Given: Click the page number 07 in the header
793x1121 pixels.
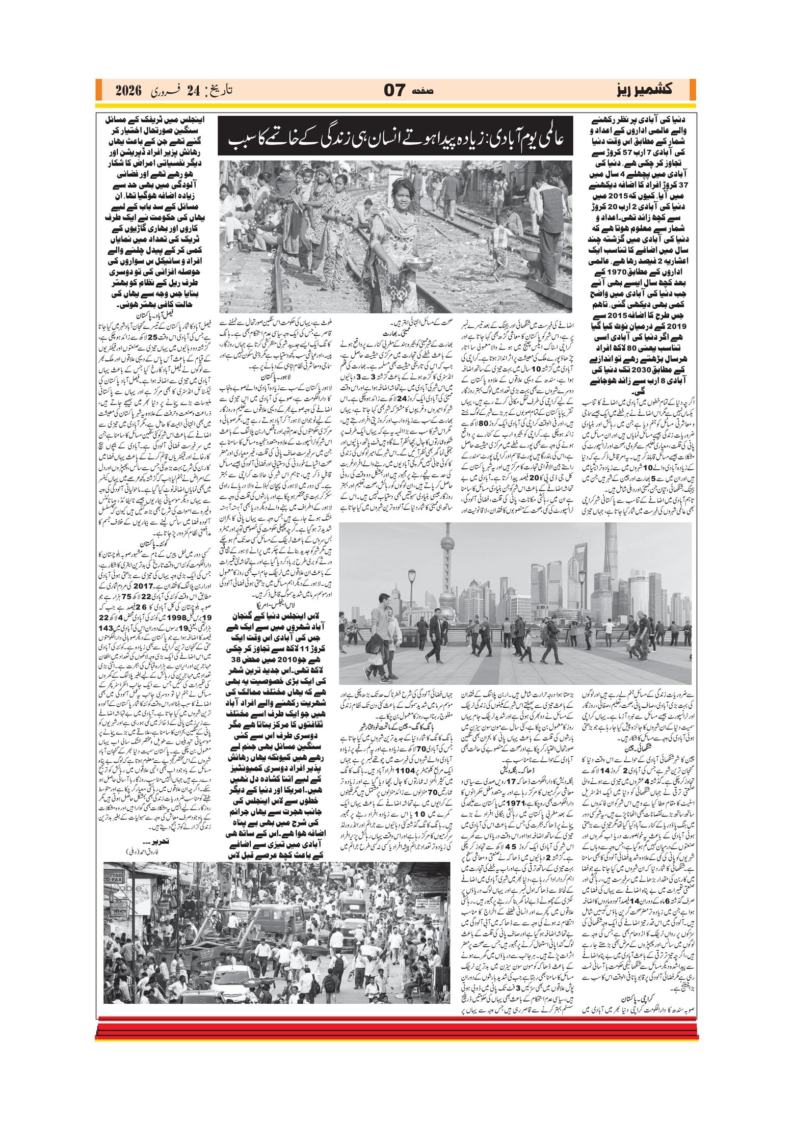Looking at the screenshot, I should pos(395,90).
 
